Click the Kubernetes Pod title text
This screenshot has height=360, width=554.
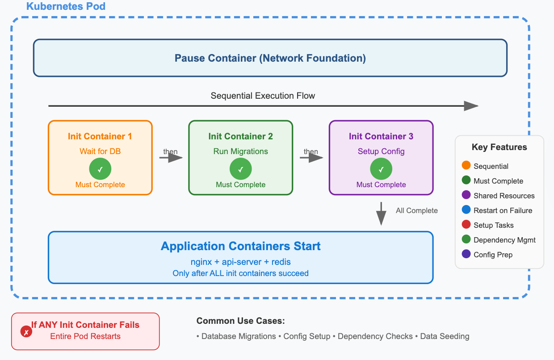(x=66, y=7)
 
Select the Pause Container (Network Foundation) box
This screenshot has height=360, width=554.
(x=270, y=58)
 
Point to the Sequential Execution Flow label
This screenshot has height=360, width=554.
(x=263, y=96)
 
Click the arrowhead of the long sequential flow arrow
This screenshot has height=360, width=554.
(x=471, y=106)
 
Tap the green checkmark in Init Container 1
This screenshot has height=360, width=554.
(x=100, y=169)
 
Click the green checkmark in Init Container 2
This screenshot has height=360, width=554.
(x=240, y=169)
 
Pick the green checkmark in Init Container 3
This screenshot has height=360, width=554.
(x=381, y=169)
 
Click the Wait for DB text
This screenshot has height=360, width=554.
(x=100, y=151)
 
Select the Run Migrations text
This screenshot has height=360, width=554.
(x=240, y=151)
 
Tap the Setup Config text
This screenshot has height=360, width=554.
(x=381, y=151)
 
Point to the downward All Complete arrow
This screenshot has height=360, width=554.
(x=381, y=214)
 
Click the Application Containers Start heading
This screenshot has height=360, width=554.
(x=240, y=246)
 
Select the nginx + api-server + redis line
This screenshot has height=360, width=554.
(x=240, y=261)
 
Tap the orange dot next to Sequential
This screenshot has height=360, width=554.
(x=466, y=166)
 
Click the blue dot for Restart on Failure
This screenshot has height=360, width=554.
(x=466, y=210)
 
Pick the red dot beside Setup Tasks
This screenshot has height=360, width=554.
(x=466, y=225)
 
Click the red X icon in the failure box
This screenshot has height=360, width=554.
(x=26, y=332)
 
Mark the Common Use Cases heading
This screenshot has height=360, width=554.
(x=240, y=321)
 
